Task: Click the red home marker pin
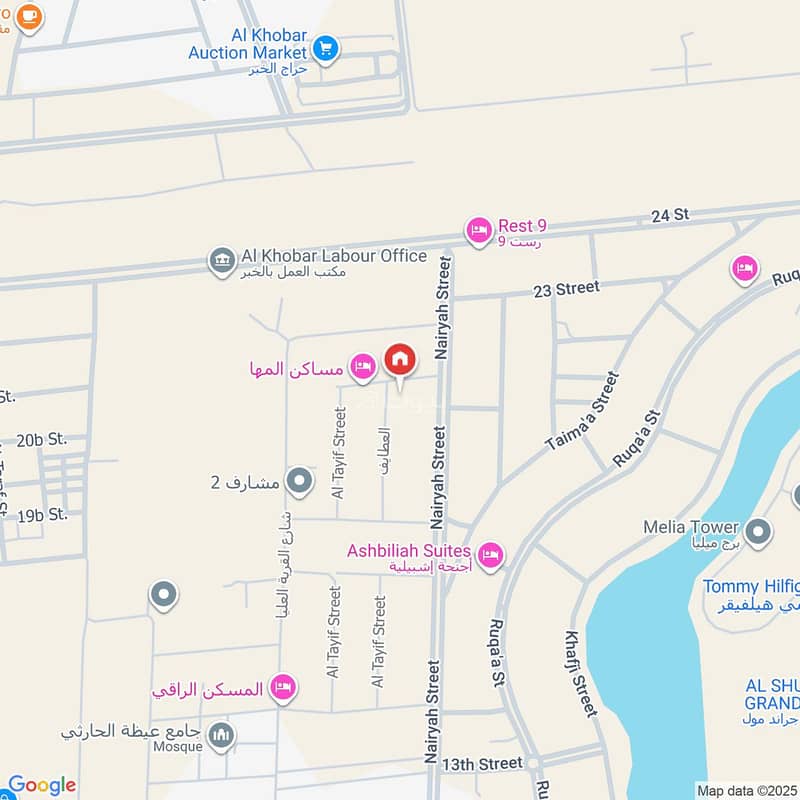pyautogui.click(x=399, y=360)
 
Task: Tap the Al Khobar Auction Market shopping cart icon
pyautogui.click(x=325, y=46)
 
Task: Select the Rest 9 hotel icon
pyautogui.click(x=479, y=231)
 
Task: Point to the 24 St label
pyautogui.click(x=670, y=214)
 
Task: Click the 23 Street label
pyautogui.click(x=566, y=288)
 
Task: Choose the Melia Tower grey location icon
pyautogui.click(x=759, y=531)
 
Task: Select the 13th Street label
pyautogui.click(x=486, y=763)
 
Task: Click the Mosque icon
pyautogui.click(x=220, y=736)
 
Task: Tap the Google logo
pyautogui.click(x=41, y=785)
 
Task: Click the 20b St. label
pyautogui.click(x=41, y=439)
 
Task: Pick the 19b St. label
pyautogui.click(x=41, y=515)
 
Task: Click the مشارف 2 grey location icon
pyautogui.click(x=299, y=483)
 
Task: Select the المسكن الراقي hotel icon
pyautogui.click(x=283, y=687)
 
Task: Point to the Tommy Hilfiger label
pyautogui.click(x=751, y=586)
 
